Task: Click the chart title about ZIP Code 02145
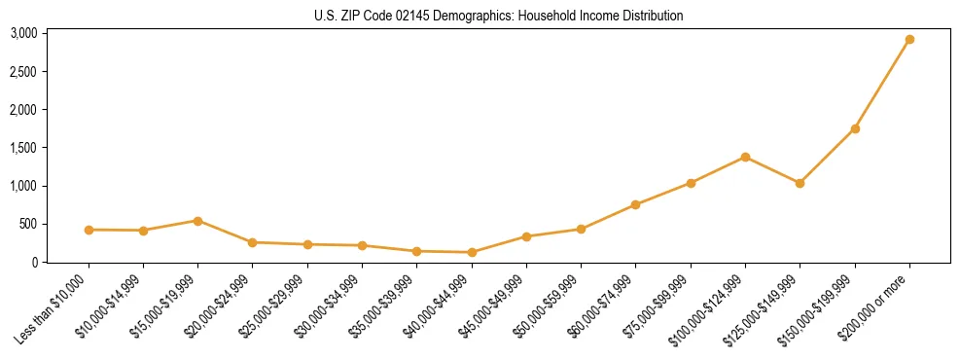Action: click(480, 16)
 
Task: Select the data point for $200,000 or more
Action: click(909, 40)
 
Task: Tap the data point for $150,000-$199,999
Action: click(855, 128)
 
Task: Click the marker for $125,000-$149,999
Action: click(800, 183)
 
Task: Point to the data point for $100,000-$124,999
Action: click(745, 157)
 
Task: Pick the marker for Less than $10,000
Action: click(89, 230)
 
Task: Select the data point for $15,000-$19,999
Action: click(197, 221)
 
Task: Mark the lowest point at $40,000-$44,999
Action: click(472, 252)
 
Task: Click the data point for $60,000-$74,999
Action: click(635, 204)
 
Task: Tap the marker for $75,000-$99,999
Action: click(691, 183)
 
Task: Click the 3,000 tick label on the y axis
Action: click(23, 33)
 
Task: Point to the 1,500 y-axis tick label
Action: click(23, 148)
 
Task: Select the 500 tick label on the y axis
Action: click(28, 224)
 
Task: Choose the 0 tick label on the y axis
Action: click(34, 262)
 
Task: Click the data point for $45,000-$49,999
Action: click(526, 236)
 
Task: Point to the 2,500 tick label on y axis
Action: click(23, 72)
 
